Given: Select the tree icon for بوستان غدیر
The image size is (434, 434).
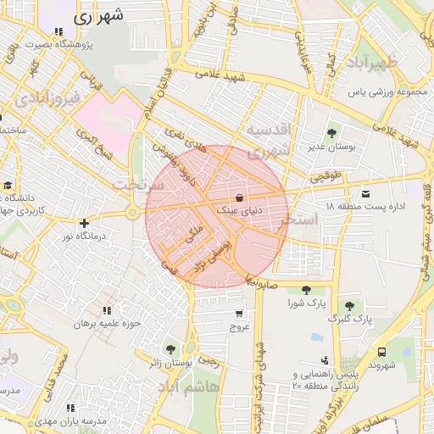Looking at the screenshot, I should (331, 133).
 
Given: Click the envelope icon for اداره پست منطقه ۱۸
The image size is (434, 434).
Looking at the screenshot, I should (366, 193).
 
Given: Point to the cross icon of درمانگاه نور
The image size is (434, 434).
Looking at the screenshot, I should (84, 224).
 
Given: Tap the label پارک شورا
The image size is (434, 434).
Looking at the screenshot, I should (306, 303).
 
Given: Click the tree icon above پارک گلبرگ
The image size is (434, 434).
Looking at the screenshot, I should (349, 306).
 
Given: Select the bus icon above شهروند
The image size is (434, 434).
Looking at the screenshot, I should (381, 351).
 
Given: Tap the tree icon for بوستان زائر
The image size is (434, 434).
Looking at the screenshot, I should (170, 348).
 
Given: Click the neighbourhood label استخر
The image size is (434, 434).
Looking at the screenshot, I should (303, 219).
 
